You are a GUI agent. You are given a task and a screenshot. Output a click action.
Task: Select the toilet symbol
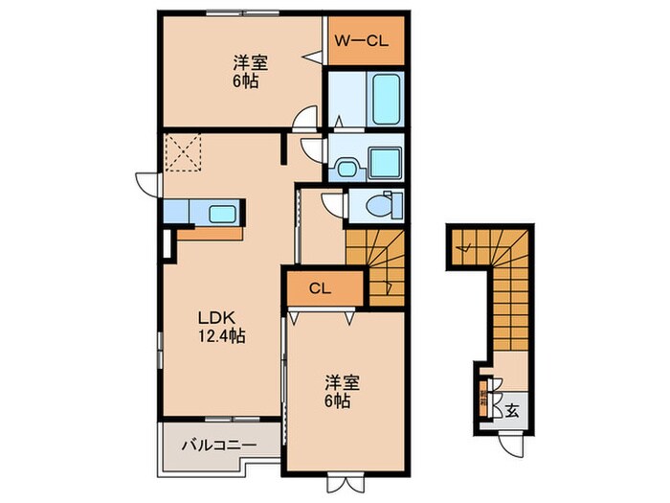click(388, 205)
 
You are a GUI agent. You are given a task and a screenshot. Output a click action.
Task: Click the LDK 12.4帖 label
click(222, 327)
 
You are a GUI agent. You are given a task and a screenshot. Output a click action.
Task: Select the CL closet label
click(322, 287)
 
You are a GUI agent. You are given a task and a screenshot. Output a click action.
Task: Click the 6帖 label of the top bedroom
click(249, 81)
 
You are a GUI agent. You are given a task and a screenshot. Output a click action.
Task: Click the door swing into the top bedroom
click(305, 117)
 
